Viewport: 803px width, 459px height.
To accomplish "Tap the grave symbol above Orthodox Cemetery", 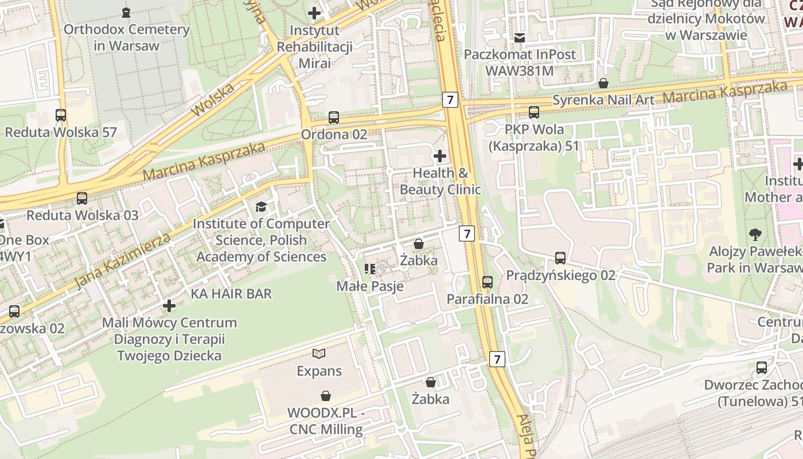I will [x=126, y=12].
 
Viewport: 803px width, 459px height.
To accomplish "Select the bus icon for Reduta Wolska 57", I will [x=61, y=115].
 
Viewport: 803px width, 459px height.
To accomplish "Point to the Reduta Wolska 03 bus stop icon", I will [x=82, y=199].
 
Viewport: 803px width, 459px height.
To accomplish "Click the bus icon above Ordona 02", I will [x=334, y=118].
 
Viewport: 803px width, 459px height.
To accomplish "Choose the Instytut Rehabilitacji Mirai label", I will [x=314, y=46].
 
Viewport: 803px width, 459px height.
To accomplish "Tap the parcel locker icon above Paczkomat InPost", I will [x=520, y=38].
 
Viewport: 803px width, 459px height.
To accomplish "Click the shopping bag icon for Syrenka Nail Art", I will [x=603, y=83].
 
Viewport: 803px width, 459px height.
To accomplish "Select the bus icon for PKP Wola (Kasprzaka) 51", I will [x=534, y=112].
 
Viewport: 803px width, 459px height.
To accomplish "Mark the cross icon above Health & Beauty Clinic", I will [x=440, y=155].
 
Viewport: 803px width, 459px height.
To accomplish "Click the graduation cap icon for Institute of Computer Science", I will [x=261, y=207].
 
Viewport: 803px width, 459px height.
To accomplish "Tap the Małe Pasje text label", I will [x=370, y=286].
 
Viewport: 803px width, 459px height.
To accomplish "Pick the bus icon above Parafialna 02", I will [x=488, y=282].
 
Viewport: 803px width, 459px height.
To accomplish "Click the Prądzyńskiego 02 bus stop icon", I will [x=560, y=258].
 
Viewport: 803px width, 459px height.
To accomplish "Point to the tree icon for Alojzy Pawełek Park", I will [x=755, y=234].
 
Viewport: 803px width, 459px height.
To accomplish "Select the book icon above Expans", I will [x=319, y=354].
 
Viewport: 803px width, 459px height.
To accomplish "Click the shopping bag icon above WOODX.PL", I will [x=325, y=395].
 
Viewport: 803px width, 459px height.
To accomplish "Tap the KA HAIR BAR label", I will [x=231, y=294].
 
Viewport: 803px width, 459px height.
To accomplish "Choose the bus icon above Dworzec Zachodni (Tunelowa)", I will [x=762, y=367].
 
